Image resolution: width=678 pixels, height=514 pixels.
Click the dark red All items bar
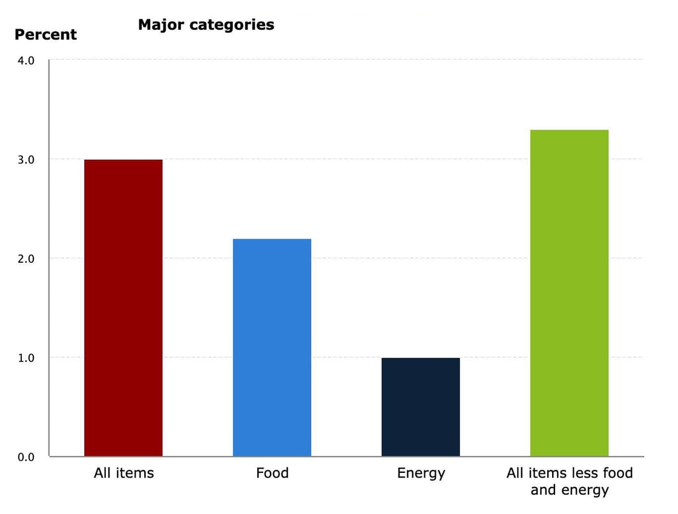pos(123,308)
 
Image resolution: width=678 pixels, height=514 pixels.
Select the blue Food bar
pos(272,348)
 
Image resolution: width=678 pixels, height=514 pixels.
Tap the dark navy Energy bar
pos(420,407)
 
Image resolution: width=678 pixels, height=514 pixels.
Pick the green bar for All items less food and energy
pos(569,293)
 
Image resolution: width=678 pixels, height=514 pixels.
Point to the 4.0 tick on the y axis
pos(25,61)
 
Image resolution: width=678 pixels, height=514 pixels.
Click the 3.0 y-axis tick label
pos(25,160)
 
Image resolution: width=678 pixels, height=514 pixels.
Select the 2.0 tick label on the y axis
pos(25,259)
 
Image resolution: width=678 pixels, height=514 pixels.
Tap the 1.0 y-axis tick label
pos(25,358)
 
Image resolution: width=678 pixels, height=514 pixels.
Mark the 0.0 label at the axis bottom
pos(25,457)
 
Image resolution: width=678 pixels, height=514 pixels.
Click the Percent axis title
pos(45,35)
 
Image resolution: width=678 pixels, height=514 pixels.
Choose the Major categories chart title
pos(206,25)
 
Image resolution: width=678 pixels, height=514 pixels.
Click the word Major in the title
pos(159,25)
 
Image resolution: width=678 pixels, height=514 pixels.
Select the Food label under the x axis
pos(272,473)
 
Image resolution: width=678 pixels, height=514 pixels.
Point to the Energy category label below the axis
pos(421,473)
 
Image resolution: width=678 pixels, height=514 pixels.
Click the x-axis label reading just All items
pos(123,473)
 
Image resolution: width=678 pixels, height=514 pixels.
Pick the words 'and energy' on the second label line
pos(569,490)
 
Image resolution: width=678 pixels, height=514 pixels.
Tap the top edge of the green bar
pos(569,130)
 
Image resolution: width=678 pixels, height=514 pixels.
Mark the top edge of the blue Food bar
pos(272,239)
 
